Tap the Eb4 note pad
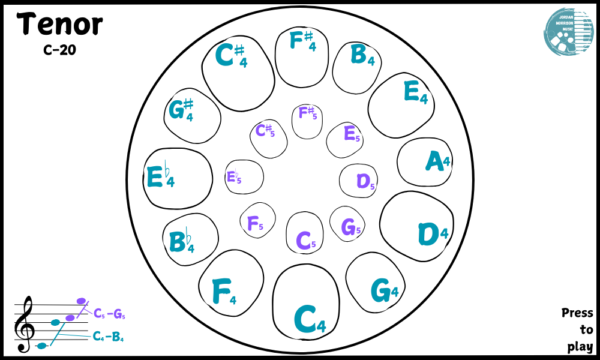(x=178, y=178)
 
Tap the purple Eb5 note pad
(x=244, y=177)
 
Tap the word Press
(x=577, y=313)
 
